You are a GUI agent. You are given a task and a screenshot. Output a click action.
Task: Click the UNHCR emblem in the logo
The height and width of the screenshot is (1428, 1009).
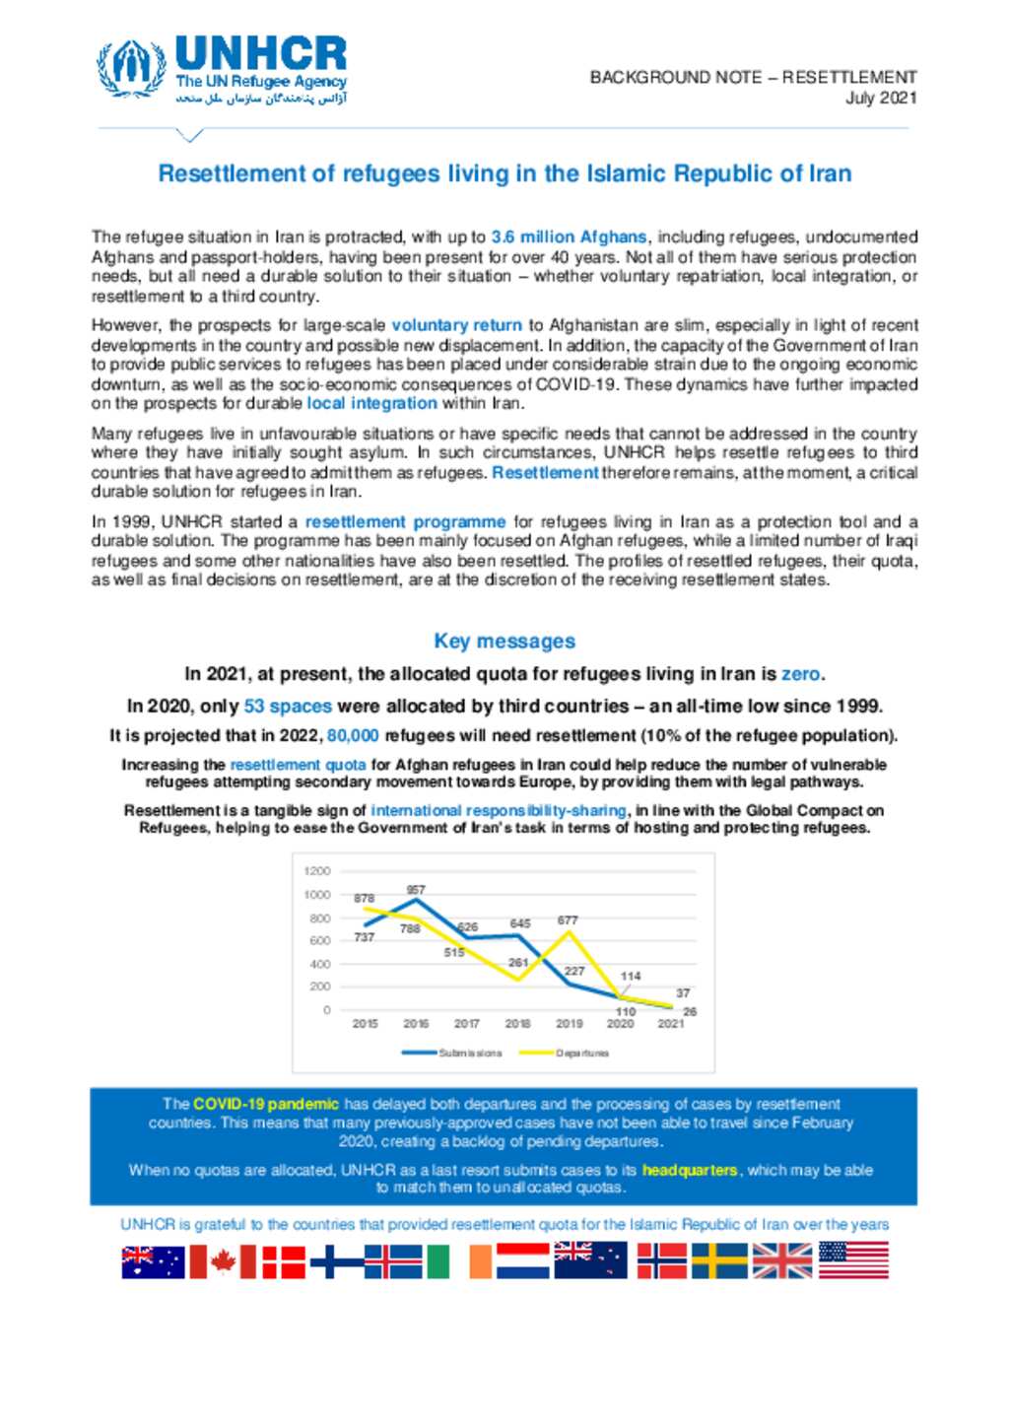pyautogui.click(x=130, y=68)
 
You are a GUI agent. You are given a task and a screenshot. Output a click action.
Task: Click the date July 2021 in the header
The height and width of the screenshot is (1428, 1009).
pyautogui.click(x=881, y=98)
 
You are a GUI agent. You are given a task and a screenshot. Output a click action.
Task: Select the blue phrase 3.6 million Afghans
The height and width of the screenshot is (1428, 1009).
pyautogui.click(x=569, y=238)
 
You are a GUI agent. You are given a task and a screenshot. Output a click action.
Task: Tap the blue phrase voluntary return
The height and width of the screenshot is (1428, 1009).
pyautogui.click(x=456, y=325)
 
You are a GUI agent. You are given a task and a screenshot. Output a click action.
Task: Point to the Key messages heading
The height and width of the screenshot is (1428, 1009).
pyautogui.click(x=504, y=642)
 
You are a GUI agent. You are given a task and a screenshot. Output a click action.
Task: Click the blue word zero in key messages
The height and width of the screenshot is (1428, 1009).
pyautogui.click(x=800, y=675)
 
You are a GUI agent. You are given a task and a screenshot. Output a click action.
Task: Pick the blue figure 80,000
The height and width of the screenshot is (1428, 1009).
pyautogui.click(x=353, y=736)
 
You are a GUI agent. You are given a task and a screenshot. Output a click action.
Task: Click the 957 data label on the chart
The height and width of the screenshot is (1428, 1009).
pyautogui.click(x=416, y=890)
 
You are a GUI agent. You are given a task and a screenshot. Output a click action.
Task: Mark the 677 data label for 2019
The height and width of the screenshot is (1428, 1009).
pyautogui.click(x=568, y=920)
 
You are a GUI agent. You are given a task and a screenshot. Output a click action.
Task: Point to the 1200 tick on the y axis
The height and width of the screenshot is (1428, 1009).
pyautogui.click(x=317, y=871)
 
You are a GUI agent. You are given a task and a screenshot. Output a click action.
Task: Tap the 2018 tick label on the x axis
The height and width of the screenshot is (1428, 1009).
pyautogui.click(x=517, y=1024)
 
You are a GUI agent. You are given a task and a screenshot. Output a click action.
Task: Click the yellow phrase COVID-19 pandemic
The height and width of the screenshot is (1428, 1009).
pyautogui.click(x=266, y=1105)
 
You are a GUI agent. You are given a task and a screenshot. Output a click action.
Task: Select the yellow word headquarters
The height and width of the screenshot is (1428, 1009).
pyautogui.click(x=690, y=1171)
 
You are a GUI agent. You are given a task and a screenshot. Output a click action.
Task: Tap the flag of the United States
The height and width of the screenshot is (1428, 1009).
pyautogui.click(x=853, y=1260)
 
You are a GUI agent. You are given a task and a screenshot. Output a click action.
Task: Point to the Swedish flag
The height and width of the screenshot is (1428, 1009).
pyautogui.click(x=719, y=1260)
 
